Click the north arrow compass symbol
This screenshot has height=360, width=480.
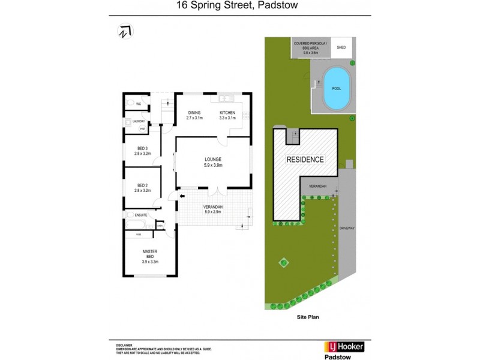coord(125,32)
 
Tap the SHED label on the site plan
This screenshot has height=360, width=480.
coord(341,47)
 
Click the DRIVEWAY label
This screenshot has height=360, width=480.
coord(347,229)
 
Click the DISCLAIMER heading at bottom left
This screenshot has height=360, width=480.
coord(124,346)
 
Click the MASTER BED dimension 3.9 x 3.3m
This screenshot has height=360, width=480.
coord(149,261)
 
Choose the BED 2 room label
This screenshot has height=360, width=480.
coord(142,185)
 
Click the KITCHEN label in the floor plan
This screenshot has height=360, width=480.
coord(227,113)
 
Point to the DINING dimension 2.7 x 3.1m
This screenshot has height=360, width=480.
coord(194,118)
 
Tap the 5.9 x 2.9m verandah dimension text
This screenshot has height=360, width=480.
coord(214,212)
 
